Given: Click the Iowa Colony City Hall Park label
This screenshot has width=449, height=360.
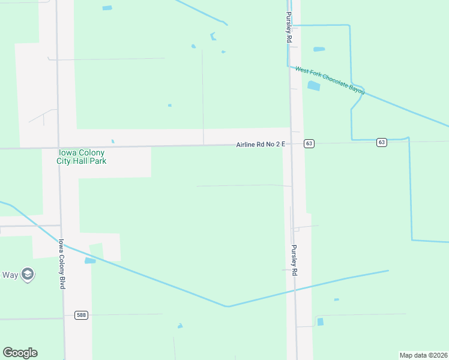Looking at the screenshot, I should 80,157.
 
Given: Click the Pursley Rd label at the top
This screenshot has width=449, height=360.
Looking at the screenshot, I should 289,26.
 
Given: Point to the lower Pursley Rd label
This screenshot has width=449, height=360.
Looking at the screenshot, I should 294,260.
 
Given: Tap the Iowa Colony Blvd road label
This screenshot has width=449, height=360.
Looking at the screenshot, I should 61,264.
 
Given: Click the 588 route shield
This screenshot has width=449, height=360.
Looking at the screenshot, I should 82,315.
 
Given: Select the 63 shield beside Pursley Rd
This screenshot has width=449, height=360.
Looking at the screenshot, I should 309,143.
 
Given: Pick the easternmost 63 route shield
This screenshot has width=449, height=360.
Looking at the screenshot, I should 382,142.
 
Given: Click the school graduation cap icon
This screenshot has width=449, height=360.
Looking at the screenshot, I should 27,275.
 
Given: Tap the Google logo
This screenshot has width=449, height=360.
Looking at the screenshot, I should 20,353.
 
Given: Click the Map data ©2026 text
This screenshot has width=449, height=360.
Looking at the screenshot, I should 423,355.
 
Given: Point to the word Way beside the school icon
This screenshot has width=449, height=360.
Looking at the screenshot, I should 10,275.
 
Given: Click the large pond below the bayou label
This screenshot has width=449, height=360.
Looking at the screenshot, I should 313,86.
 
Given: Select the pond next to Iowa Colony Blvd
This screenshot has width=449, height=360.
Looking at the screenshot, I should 90,261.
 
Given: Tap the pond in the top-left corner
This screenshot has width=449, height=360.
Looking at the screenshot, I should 107,8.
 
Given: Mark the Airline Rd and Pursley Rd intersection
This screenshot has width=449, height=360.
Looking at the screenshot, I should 292,145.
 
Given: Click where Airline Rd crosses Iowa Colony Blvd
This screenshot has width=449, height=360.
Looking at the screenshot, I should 58,147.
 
